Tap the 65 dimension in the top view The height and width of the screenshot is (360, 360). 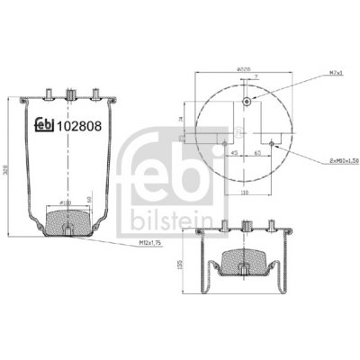click(x=258, y=153)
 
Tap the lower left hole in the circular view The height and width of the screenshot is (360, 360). click(x=222, y=139)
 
